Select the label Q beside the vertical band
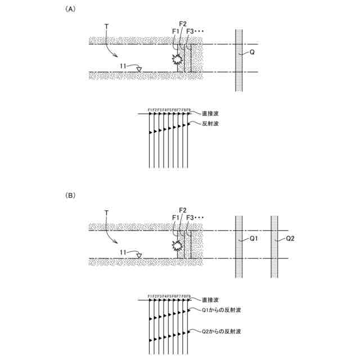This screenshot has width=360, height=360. [x=252, y=52]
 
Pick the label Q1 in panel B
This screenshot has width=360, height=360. [x=253, y=238]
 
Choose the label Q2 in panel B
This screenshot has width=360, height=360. [x=290, y=238]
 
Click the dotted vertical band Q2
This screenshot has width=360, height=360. [x=275, y=247]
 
